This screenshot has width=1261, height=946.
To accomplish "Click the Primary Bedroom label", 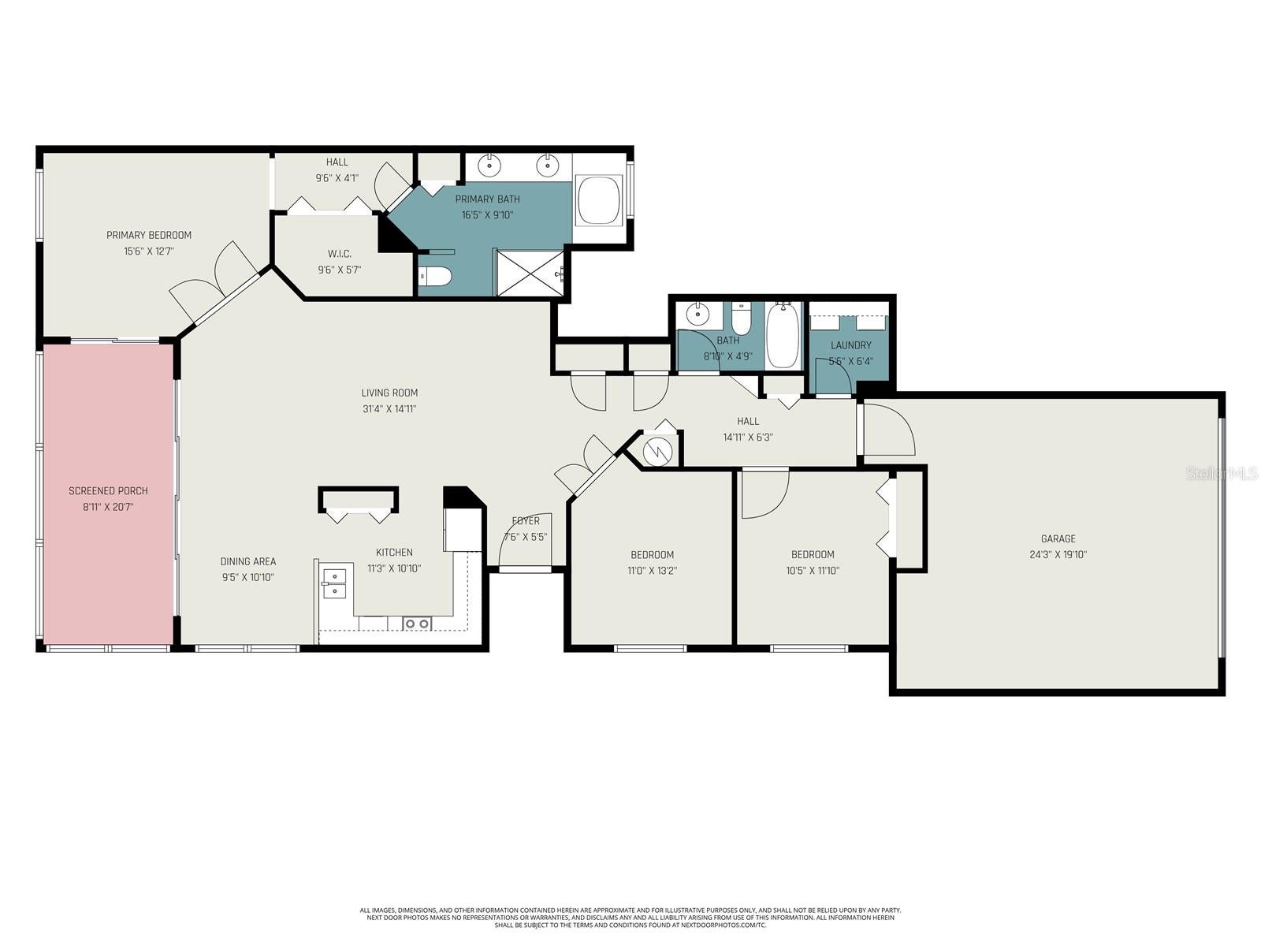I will (x=149, y=235).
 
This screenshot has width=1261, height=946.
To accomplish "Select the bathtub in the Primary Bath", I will (x=600, y=200).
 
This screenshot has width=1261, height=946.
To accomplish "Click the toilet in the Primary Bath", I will (x=435, y=276).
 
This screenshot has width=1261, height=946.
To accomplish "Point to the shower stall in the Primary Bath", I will (x=529, y=273).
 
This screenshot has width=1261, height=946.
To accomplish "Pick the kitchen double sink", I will (x=334, y=583).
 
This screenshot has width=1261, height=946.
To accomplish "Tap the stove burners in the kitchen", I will (x=417, y=624).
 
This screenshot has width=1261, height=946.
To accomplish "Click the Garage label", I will (x=1058, y=538).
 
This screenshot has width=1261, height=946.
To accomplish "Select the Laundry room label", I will (x=850, y=345).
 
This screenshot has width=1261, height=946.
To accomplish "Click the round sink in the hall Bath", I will (x=697, y=315).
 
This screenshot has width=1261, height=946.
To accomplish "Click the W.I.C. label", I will (x=340, y=253).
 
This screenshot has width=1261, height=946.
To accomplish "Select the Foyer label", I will (x=526, y=521).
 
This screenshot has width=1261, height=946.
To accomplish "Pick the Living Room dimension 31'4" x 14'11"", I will (x=389, y=409).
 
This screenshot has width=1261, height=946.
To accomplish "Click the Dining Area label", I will (x=247, y=561).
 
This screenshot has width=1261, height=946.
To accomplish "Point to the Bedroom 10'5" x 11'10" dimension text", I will (x=813, y=571).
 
